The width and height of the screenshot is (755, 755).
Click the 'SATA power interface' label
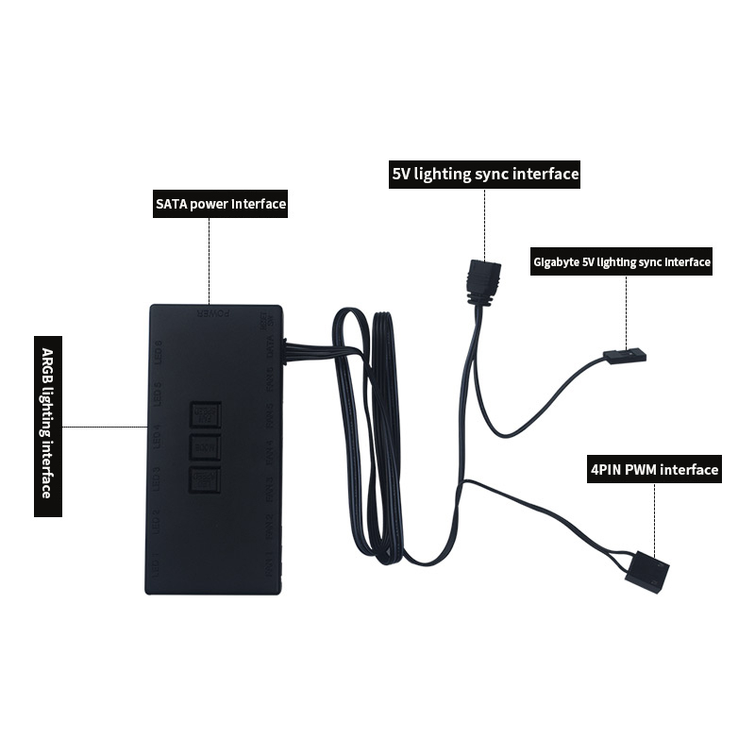pyautogui.click(x=220, y=204)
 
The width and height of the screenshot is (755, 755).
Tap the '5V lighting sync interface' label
pyautogui.click(x=485, y=175)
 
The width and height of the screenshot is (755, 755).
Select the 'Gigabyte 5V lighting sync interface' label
pyautogui.click(x=622, y=261)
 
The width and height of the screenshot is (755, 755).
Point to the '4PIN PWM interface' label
pyautogui.click(x=655, y=469)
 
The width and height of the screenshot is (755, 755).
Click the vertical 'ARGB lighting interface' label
pyautogui.click(x=48, y=426)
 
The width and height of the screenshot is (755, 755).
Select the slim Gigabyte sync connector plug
pyautogui.click(x=624, y=358)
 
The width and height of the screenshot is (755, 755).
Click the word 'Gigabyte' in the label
pyautogui.click(x=554, y=261)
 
